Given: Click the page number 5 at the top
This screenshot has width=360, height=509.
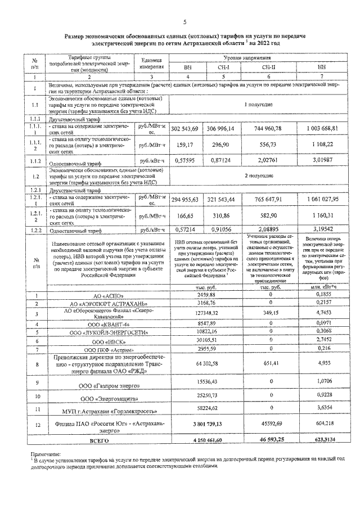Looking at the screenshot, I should click(184, 22).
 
